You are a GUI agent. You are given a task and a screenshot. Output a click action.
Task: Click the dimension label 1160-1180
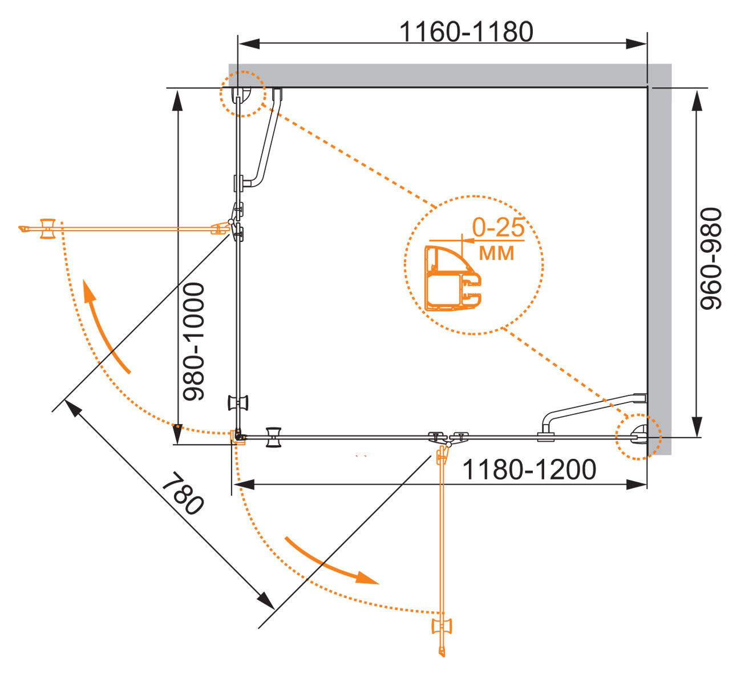point(465,31)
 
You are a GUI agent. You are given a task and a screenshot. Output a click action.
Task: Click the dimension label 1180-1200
point(529,470)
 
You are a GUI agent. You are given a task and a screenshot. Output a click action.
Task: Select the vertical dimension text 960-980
point(711,259)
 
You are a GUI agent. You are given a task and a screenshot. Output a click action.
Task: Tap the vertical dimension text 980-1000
point(193,341)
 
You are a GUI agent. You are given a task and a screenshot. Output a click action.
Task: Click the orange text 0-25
point(498,227)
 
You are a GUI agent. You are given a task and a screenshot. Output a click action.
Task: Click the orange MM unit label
point(496,252)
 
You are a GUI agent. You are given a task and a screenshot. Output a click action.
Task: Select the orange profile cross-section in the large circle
point(452,279)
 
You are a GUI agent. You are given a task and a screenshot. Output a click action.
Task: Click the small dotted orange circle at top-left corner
point(243,94)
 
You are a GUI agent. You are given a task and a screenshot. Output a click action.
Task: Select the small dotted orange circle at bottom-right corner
point(638,437)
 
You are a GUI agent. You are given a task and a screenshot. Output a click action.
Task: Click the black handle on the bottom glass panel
point(274,438)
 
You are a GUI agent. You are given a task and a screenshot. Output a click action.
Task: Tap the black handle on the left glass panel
point(238,402)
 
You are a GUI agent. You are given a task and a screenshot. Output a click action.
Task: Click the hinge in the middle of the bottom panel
point(448,438)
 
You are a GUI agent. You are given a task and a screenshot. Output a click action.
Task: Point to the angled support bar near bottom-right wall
point(590,408)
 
